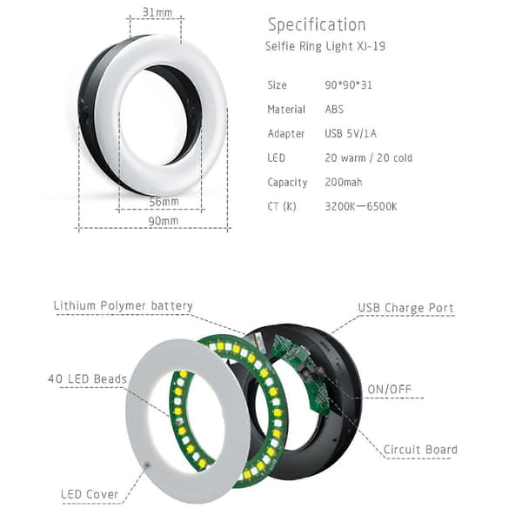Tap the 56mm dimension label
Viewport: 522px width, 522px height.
pyautogui.click(x=164, y=202)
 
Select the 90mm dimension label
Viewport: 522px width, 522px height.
pyautogui.click(x=164, y=221)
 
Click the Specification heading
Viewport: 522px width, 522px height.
pyautogui.click(x=317, y=25)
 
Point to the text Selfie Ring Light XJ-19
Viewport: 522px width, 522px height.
pyautogui.click(x=325, y=46)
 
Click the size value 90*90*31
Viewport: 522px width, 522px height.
pyautogui.click(x=348, y=85)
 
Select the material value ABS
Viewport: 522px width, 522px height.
pyautogui.click(x=334, y=110)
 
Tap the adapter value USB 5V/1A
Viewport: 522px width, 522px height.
pyautogui.click(x=351, y=133)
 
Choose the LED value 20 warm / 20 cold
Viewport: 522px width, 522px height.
pyautogui.click(x=369, y=157)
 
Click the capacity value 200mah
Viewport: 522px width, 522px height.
pyautogui.click(x=344, y=182)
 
